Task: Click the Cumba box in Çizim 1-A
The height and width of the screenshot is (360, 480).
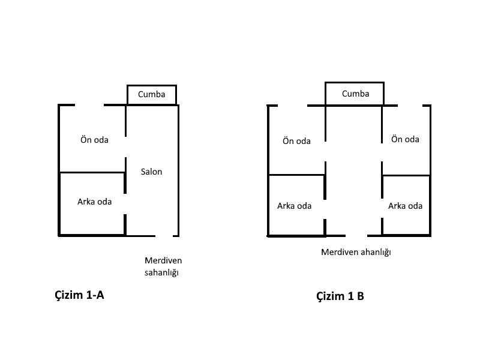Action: [151, 95]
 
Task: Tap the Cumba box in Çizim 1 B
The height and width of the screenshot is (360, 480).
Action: [355, 94]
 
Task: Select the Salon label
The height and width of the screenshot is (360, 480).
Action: [151, 172]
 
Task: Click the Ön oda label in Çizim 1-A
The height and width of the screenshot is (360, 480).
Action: [94, 140]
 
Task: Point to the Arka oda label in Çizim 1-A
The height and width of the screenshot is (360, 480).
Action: [94, 202]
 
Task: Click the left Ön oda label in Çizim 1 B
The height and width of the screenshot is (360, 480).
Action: [296, 141]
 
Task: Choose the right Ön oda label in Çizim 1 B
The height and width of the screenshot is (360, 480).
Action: [405, 139]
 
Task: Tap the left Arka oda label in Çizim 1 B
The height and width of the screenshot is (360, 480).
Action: [294, 206]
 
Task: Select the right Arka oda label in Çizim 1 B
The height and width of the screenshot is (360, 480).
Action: [405, 206]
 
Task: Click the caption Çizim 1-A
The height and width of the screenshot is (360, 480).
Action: [80, 295]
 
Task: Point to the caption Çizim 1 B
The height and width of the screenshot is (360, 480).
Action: [340, 296]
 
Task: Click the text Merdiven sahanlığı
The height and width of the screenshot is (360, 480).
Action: [163, 266]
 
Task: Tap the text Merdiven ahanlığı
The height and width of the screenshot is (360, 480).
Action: [356, 252]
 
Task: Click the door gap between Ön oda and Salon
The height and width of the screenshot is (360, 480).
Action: [125, 147]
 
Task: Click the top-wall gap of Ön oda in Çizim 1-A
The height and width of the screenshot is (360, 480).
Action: [89, 105]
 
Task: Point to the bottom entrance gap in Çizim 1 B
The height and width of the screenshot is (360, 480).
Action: [354, 235]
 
